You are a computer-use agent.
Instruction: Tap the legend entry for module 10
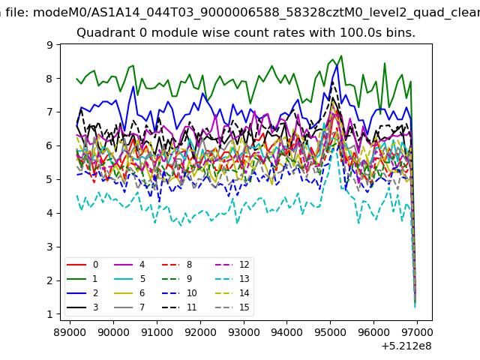coord(179,293)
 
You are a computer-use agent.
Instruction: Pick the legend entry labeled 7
coord(129,307)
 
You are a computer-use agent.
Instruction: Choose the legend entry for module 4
coord(129,265)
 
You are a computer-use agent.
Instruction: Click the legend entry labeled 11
coord(179,307)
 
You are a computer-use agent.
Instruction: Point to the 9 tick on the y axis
coord(49,45)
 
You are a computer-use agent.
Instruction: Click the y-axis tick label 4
coord(49,213)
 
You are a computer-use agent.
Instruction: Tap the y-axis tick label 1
coord(49,314)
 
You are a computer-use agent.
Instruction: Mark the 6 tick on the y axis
coord(49,145)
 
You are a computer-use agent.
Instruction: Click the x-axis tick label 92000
coord(200,332)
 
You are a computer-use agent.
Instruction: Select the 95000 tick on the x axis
coord(330,332)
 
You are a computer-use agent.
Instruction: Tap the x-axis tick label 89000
coord(70,332)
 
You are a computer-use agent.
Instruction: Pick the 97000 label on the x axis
coord(417,332)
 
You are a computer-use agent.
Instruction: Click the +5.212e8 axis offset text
coord(406,346)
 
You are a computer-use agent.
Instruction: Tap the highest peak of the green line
coord(341,56)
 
